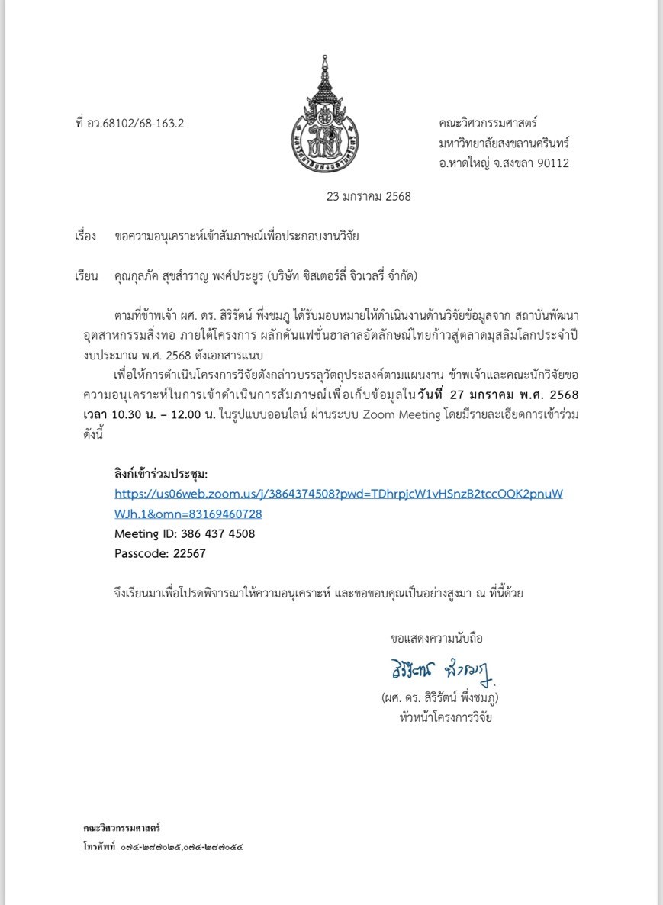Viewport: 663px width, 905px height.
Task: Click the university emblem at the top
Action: pyautogui.click(x=327, y=114)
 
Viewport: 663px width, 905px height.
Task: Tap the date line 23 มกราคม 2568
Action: pyautogui.click(x=369, y=196)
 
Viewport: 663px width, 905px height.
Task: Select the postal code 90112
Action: pyautogui.click(x=552, y=163)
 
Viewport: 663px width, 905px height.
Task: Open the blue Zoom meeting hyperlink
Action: pyautogui.click(x=338, y=494)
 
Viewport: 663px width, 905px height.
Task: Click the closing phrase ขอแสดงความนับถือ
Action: pyautogui.click(x=436, y=638)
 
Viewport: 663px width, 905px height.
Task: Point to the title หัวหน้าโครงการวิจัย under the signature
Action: pyautogui.click(x=440, y=718)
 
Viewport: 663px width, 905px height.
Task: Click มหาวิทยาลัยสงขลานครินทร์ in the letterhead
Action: pyautogui.click(x=504, y=143)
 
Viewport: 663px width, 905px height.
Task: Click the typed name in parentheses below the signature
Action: pyautogui.click(x=440, y=698)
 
